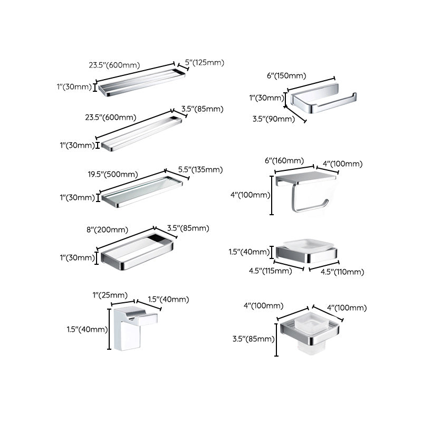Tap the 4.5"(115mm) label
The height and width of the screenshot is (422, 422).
[x=271, y=272]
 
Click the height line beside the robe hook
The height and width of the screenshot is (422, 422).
[x=110, y=330]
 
